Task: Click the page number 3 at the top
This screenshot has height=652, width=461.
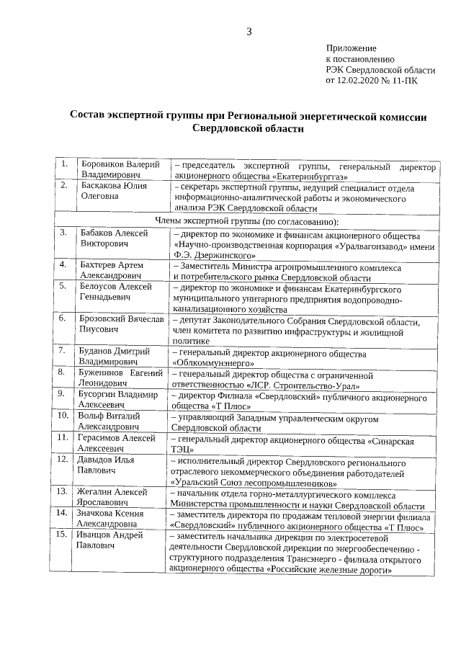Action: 249,32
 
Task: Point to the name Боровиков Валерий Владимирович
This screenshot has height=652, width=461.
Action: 120,171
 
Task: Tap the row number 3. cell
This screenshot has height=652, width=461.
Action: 63,233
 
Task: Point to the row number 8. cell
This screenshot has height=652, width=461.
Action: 63,372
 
